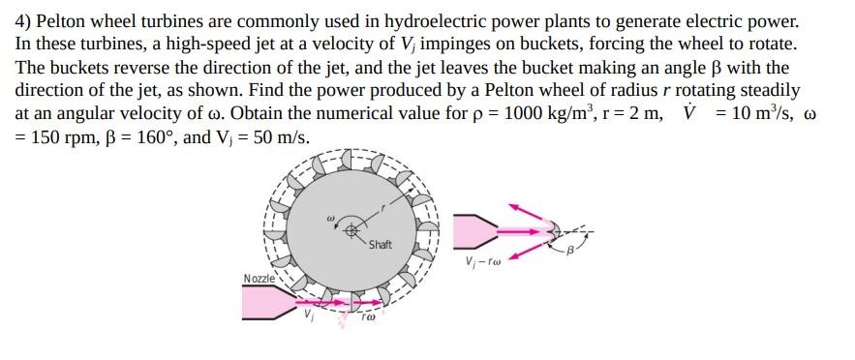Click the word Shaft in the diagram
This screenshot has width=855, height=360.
coord(380,244)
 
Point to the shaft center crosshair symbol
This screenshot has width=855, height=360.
coord(352,229)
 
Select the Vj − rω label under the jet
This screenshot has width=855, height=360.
coord(483,261)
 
